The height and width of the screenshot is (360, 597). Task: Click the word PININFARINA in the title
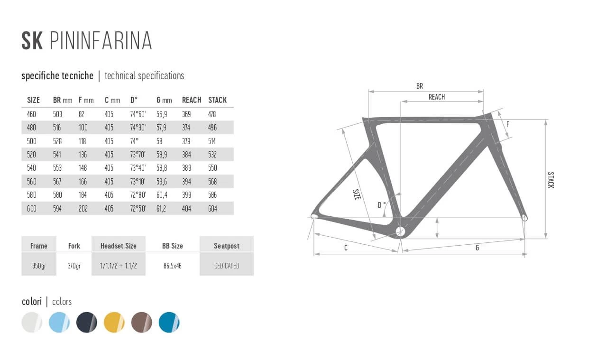pyautogui.click(x=101, y=41)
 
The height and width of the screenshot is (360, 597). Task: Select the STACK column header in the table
pyautogui.click(x=217, y=100)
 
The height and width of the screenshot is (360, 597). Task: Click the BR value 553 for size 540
pyautogui.click(x=57, y=168)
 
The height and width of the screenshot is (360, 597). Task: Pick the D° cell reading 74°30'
pyautogui.click(x=138, y=128)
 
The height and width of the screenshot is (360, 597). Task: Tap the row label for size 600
pyautogui.click(x=32, y=208)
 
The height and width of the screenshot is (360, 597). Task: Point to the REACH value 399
pyautogui.click(x=186, y=195)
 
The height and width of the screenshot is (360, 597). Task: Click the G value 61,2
pyautogui.click(x=162, y=208)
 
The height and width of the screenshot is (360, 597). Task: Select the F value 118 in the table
pyautogui.click(x=83, y=141)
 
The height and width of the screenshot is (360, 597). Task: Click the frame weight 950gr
pyautogui.click(x=39, y=266)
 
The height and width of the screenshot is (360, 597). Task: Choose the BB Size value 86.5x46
pyautogui.click(x=173, y=266)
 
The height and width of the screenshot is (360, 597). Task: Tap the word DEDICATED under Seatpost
pyautogui.click(x=227, y=266)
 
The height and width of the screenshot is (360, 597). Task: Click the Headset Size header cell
pyautogui.click(x=118, y=246)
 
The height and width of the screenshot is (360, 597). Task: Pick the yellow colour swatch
pyautogui.click(x=114, y=323)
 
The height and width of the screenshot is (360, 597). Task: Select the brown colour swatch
pyautogui.click(x=142, y=323)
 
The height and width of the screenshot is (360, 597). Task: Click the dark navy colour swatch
pyautogui.click(x=87, y=323)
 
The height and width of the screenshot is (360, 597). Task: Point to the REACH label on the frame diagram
pyautogui.click(x=437, y=97)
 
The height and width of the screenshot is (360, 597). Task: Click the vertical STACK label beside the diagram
pyautogui.click(x=551, y=180)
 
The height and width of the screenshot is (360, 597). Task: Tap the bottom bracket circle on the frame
pyautogui.click(x=400, y=231)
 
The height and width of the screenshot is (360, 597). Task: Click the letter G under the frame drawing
pyautogui.click(x=477, y=248)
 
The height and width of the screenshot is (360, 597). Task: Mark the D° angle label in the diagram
pyautogui.click(x=381, y=205)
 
